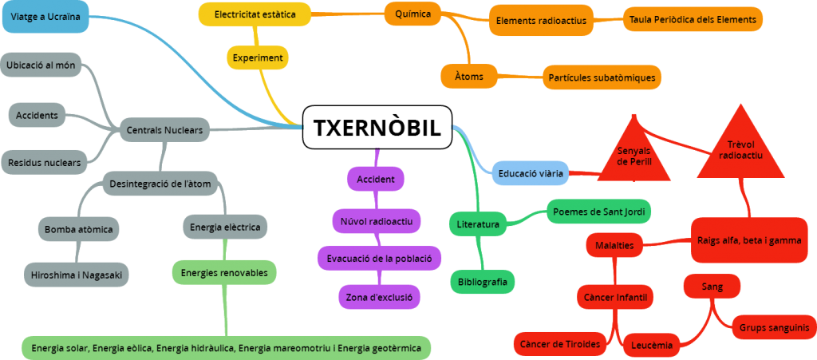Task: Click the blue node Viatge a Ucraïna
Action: point(45,17)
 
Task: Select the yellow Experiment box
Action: point(257,58)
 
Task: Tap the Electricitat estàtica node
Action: point(255,14)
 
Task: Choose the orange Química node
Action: point(412,14)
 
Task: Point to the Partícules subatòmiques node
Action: point(602,77)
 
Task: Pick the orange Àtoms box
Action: point(463,76)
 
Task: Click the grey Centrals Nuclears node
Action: point(164,129)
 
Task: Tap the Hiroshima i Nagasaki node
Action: point(76,274)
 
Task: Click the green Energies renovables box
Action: point(223,272)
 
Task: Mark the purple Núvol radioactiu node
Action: point(376,220)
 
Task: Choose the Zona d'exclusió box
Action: point(379,297)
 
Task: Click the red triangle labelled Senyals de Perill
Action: point(634,152)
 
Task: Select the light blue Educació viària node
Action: point(531,172)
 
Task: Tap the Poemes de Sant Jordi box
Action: point(599,212)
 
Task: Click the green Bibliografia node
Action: point(483,281)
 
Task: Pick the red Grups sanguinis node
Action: point(773,327)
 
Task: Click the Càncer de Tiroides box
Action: point(560,343)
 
